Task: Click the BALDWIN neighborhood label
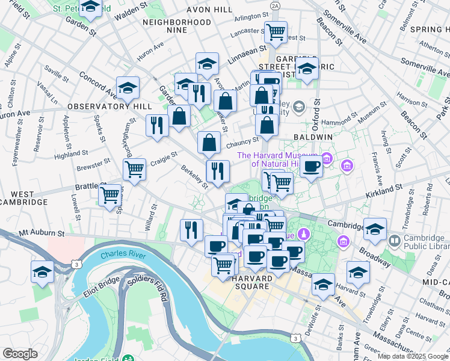(x=313, y=137)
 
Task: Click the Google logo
(x=20, y=354)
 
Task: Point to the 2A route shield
(x=275, y=5)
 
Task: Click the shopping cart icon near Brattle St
(x=110, y=194)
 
